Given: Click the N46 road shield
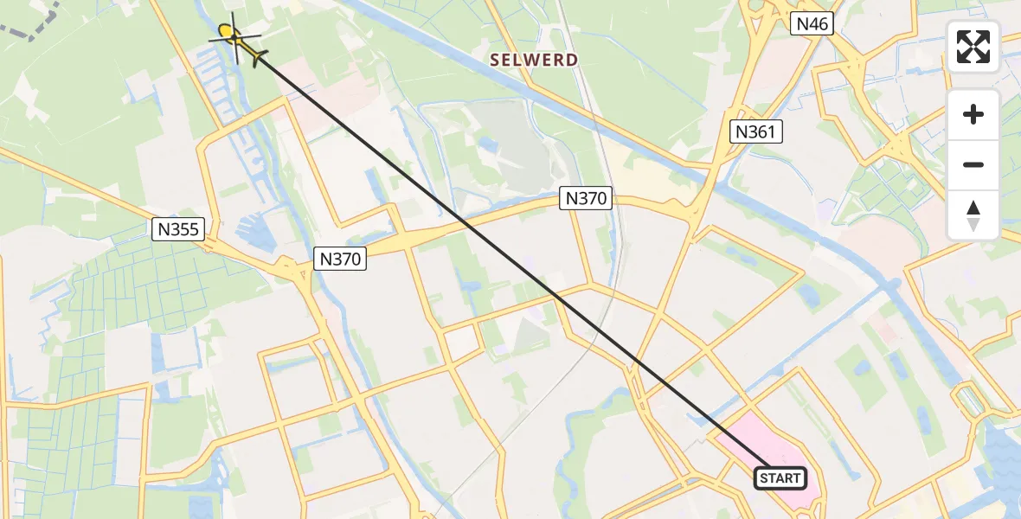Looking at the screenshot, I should (812, 24).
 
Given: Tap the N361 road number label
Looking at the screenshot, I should (757, 131).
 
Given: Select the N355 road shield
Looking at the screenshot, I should (177, 229).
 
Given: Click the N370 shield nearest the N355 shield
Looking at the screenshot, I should (340, 258).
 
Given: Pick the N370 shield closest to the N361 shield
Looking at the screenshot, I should (586, 198).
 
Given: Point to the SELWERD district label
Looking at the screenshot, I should (534, 60).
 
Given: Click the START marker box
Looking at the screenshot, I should (780, 477).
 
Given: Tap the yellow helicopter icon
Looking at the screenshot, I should (235, 40).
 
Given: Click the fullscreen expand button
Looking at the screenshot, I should (973, 47).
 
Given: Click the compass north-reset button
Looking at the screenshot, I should (973, 215).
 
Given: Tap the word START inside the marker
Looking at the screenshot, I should (780, 477).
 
